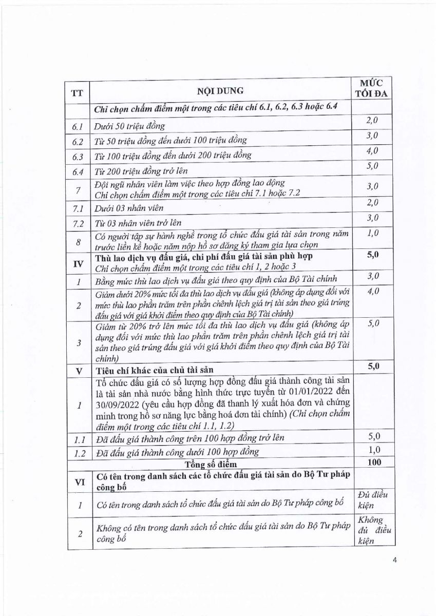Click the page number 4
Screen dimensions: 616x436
(395, 560)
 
